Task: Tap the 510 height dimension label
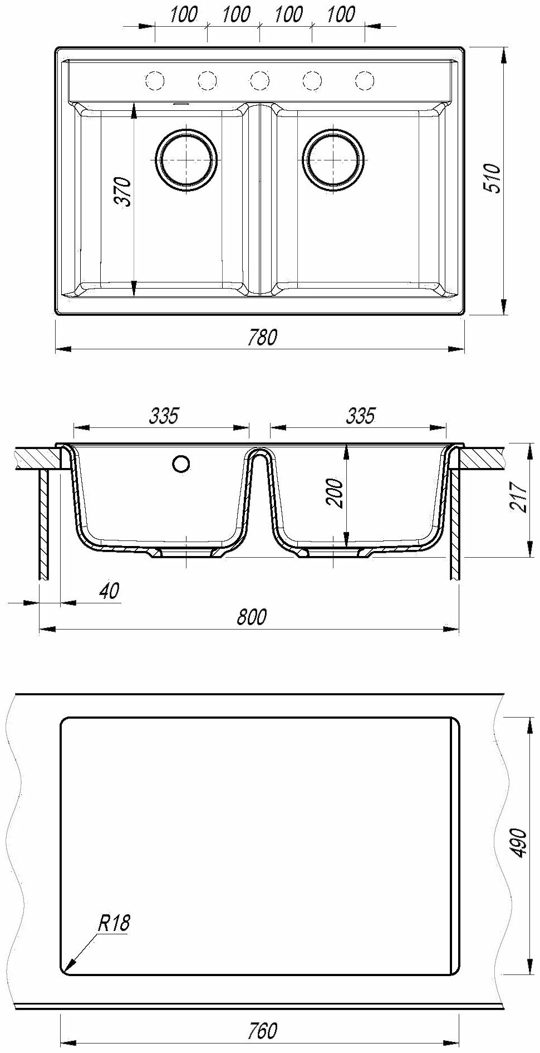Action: click(x=493, y=178)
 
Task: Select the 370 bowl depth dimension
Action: click(x=124, y=192)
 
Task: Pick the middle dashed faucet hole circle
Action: click(x=259, y=80)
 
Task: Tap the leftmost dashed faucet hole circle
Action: click(x=155, y=80)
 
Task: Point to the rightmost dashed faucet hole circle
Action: click(x=364, y=80)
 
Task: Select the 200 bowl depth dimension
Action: click(x=335, y=493)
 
